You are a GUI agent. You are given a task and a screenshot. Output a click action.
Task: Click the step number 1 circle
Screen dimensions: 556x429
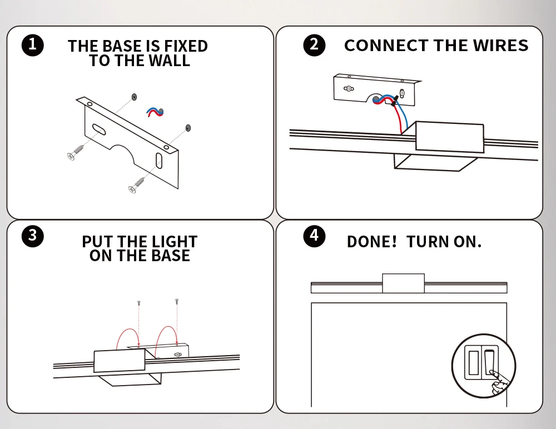tap(33, 45)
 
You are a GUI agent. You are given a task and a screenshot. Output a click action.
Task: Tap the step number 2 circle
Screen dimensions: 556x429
tap(314, 45)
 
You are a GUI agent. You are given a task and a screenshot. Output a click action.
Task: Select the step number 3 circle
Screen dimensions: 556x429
tap(33, 236)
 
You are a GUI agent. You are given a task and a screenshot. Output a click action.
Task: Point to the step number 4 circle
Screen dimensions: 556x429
tap(314, 236)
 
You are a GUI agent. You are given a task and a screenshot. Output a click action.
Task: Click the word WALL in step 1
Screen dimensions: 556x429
tap(169, 61)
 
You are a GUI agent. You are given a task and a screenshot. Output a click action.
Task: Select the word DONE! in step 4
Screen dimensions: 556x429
tap(371, 242)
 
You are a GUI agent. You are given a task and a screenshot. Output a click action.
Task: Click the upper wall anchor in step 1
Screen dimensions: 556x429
tap(134, 97)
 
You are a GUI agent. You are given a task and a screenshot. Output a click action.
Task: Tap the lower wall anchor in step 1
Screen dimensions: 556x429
tap(188, 128)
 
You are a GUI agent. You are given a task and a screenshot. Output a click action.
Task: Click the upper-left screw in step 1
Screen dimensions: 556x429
tap(76, 152)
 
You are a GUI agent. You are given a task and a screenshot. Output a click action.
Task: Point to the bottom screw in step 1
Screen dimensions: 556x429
tap(137, 185)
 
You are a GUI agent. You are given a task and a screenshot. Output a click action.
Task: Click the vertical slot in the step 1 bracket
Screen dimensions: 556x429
tap(159, 161)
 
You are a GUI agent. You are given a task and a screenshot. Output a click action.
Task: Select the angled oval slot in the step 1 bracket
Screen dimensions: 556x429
tap(99, 130)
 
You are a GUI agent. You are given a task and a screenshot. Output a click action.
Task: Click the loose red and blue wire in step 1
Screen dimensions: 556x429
tap(155, 112)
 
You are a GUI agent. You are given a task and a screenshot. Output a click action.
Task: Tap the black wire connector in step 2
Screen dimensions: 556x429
tap(394, 101)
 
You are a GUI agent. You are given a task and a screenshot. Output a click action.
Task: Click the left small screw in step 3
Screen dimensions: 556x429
tap(139, 303)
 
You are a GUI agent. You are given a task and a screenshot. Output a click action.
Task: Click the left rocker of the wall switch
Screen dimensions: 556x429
tap(473, 363)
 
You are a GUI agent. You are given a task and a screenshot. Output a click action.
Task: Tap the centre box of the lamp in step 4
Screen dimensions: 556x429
tap(403, 283)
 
